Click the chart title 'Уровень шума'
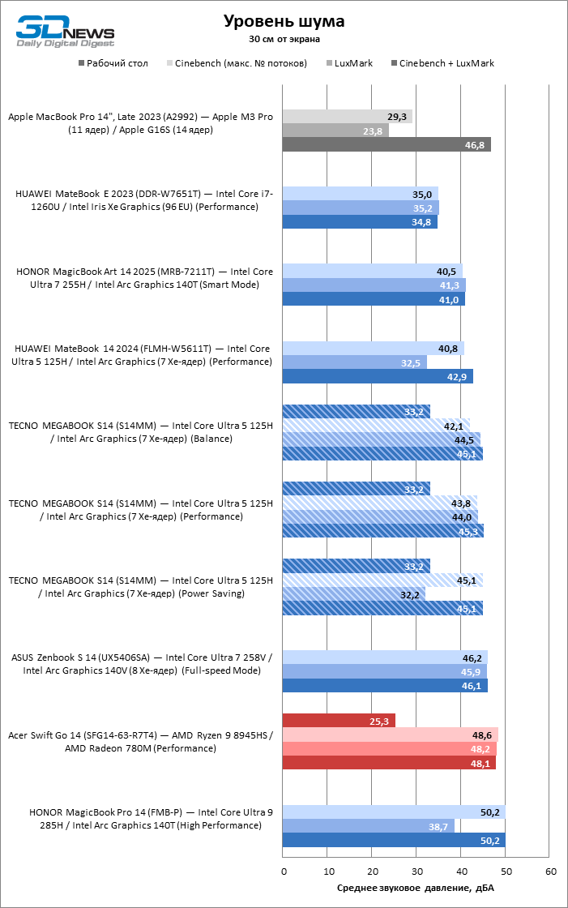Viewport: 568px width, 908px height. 284,21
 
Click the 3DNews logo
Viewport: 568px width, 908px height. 66,30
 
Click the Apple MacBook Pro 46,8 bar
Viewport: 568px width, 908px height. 386,144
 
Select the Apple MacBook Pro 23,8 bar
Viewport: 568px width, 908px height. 335,131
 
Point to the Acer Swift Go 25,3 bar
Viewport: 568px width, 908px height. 339,721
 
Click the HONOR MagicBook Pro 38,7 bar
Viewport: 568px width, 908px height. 369,826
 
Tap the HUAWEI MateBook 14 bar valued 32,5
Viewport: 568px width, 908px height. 355,362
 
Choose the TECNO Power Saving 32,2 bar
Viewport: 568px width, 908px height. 354,594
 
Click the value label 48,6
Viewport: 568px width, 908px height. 481,735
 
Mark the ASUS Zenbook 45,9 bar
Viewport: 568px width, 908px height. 385,671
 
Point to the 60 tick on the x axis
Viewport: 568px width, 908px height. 551,871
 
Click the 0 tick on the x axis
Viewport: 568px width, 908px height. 284,871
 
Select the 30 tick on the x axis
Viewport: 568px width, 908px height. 417,871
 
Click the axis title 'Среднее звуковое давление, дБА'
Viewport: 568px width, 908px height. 416,888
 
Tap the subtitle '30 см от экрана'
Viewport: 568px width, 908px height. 284,38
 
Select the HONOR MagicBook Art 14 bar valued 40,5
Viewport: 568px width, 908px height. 373,271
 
